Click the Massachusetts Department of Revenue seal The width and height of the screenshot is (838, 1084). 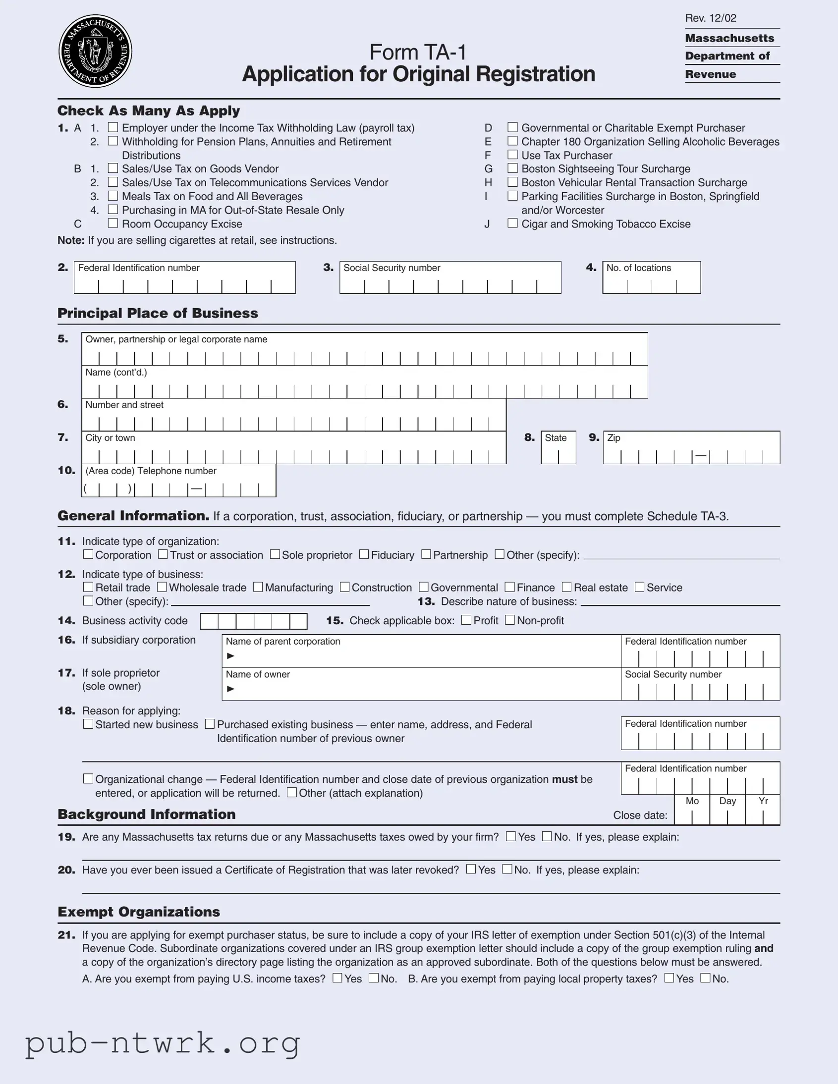(x=95, y=51)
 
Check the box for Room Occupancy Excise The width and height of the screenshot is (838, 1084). (x=113, y=223)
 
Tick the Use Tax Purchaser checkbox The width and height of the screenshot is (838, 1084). (x=512, y=155)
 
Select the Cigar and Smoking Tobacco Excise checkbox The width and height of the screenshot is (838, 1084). (x=512, y=223)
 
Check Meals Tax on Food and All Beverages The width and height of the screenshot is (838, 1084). (x=113, y=196)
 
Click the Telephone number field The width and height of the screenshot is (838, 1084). (x=179, y=488)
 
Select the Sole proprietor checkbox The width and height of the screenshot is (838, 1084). (x=275, y=554)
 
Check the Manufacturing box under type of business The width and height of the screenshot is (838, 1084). (x=258, y=587)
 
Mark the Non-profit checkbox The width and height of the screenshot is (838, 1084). (x=510, y=620)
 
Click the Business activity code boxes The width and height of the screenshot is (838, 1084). (x=254, y=621)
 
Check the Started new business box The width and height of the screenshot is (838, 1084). (x=88, y=724)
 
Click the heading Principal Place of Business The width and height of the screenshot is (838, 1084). (x=158, y=313)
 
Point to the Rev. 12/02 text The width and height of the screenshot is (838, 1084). (x=711, y=18)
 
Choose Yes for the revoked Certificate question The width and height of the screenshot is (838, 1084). (x=471, y=869)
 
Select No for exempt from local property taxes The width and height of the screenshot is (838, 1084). (x=706, y=978)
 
